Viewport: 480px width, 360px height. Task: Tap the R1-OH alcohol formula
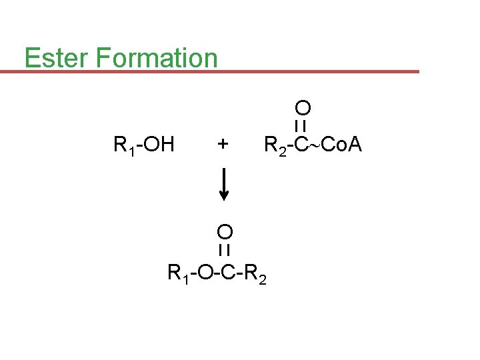[144, 144]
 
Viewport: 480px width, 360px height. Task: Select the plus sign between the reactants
[223, 144]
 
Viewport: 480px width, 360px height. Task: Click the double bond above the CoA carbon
[301, 125]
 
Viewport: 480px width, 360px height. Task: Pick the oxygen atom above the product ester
[225, 232]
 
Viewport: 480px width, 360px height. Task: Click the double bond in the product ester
[225, 250]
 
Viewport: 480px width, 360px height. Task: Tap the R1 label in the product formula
[177, 273]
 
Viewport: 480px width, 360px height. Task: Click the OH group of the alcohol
[159, 144]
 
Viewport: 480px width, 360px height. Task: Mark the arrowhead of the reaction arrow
[224, 195]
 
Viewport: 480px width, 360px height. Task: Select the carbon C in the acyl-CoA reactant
[301, 144]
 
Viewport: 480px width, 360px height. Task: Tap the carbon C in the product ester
[225, 272]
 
